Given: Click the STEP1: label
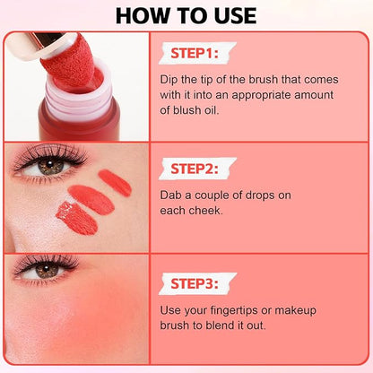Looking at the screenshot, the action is pyautogui.click(x=195, y=54).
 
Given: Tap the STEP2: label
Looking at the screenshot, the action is pyautogui.click(x=195, y=169).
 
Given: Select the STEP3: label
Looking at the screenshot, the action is pyautogui.click(x=195, y=283).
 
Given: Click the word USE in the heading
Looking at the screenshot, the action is pyautogui.click(x=236, y=16).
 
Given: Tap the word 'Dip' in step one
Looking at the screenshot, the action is pyautogui.click(x=169, y=80).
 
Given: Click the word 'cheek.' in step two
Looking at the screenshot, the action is pyautogui.click(x=207, y=211).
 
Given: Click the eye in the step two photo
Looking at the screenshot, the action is pyautogui.click(x=50, y=165).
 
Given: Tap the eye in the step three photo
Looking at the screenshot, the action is pyautogui.click(x=46, y=270).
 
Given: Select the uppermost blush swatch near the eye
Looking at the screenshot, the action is pyautogui.click(x=115, y=183).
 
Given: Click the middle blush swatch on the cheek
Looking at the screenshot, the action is pyautogui.click(x=91, y=199).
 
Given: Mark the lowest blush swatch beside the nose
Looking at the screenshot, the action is pyautogui.click(x=77, y=218).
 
